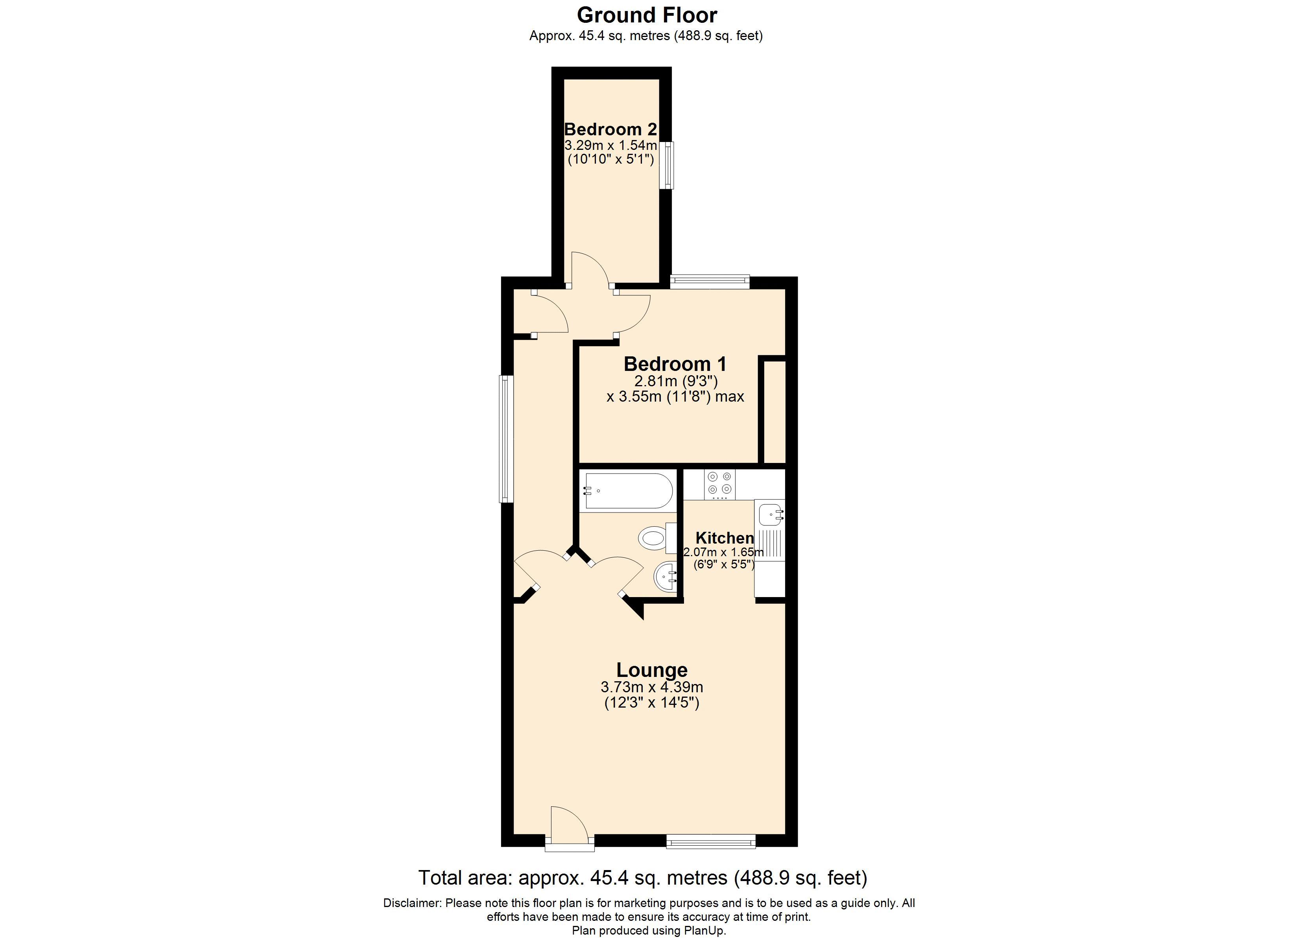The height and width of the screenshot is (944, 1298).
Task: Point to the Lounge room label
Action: click(652, 670)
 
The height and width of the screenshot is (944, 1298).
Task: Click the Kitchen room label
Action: click(725, 538)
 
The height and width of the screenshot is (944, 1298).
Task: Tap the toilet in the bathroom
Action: click(658, 538)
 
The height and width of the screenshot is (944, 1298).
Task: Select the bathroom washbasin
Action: click(666, 578)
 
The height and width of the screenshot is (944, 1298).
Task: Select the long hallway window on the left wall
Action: click(506, 439)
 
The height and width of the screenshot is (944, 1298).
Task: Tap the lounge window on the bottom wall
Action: click(711, 841)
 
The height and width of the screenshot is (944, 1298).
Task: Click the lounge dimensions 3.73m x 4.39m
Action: click(652, 687)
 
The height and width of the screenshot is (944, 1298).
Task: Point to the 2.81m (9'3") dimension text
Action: click(676, 381)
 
